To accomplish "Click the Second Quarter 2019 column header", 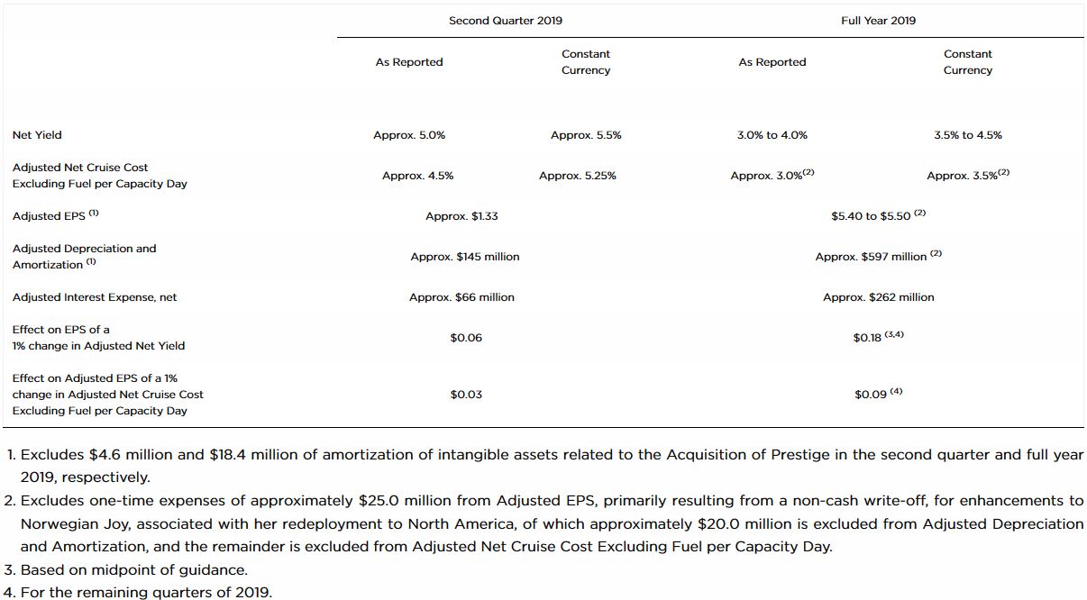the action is pyautogui.click(x=505, y=21).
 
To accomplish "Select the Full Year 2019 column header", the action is pyautogui.click(x=878, y=21).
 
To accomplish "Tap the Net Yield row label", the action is pyautogui.click(x=37, y=135).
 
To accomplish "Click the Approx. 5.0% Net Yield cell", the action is pyautogui.click(x=409, y=135).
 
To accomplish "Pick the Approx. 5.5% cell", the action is pyautogui.click(x=586, y=135).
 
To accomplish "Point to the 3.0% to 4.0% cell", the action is pyautogui.click(x=772, y=135).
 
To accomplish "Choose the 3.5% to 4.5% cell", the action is pyautogui.click(x=968, y=135).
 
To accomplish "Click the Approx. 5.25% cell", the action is pyautogui.click(x=578, y=176).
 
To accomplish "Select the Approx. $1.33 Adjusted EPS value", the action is pyautogui.click(x=461, y=216).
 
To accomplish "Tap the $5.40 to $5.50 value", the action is pyautogui.click(x=871, y=216).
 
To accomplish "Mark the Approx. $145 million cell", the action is pyautogui.click(x=465, y=257).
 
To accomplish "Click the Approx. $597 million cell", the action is pyautogui.click(x=871, y=257).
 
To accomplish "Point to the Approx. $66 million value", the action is pyautogui.click(x=461, y=297).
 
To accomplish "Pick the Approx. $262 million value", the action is pyautogui.click(x=878, y=297).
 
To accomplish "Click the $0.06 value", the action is pyautogui.click(x=466, y=338).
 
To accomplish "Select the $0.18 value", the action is pyautogui.click(x=867, y=338).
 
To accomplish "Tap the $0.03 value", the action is pyautogui.click(x=466, y=395).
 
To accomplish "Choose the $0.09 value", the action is pyautogui.click(x=871, y=395).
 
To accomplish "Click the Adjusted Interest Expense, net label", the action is pyautogui.click(x=95, y=297).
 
